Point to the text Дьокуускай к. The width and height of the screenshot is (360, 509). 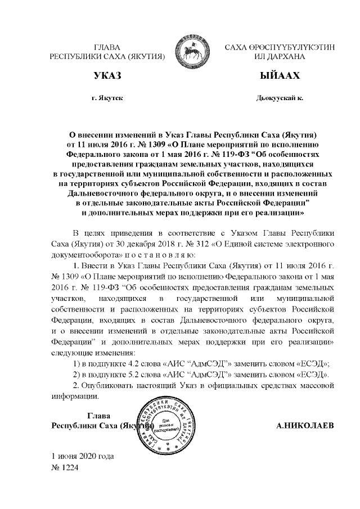coord(280,98)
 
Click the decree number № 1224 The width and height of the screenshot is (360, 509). coord(64,466)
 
